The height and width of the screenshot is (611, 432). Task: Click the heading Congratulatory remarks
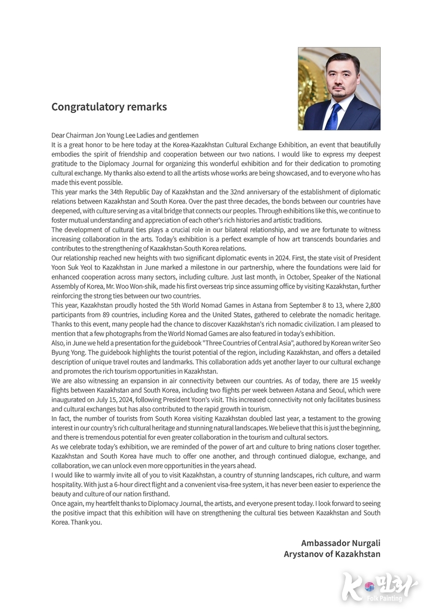[109, 107]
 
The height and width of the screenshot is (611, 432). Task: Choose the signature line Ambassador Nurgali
[340, 543]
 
